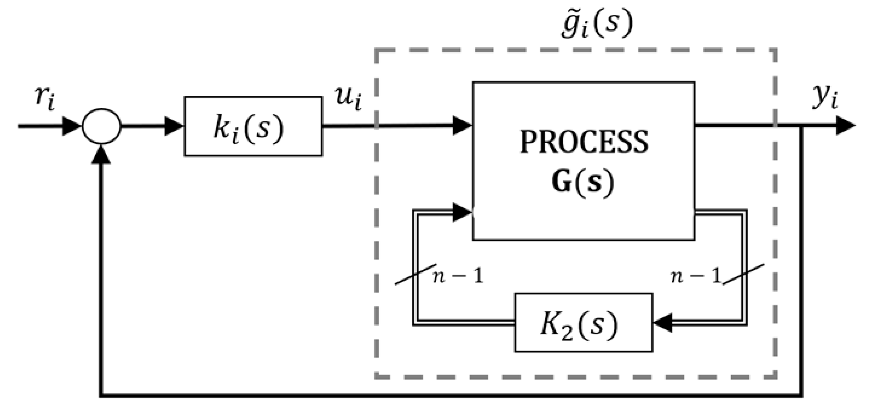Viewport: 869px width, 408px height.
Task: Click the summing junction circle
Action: [102, 126]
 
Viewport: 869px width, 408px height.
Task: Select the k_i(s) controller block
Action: [253, 127]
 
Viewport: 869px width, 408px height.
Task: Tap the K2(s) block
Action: [583, 323]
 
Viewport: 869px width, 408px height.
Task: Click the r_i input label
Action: [44, 100]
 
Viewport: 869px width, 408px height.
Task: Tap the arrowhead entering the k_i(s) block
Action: [173, 127]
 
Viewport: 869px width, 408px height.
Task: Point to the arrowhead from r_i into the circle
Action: [72, 127]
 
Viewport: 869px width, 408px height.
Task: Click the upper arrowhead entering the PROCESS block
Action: [461, 125]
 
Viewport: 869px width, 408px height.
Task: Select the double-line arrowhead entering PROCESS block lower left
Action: [461, 212]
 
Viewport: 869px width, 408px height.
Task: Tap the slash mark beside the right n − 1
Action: [744, 274]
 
